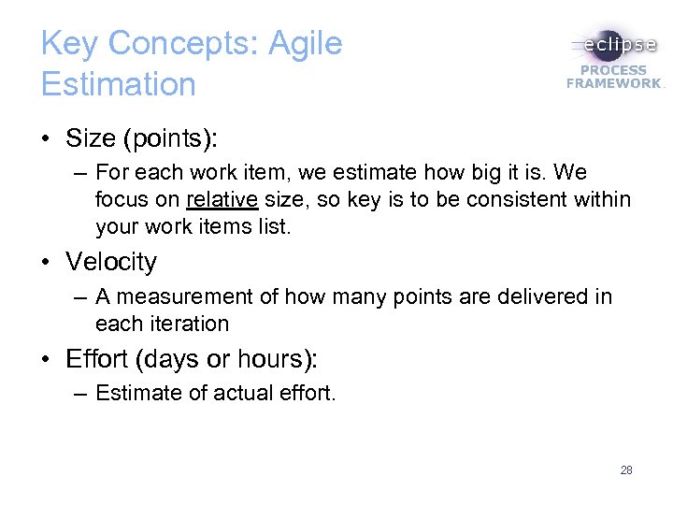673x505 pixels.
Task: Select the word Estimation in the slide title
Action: [x=119, y=84]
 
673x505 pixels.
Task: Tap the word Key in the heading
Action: [x=70, y=44]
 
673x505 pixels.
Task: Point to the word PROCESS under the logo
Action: [x=613, y=70]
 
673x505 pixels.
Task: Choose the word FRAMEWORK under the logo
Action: [x=613, y=83]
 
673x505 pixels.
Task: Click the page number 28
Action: [x=626, y=470]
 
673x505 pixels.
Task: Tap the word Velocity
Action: [x=111, y=262]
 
